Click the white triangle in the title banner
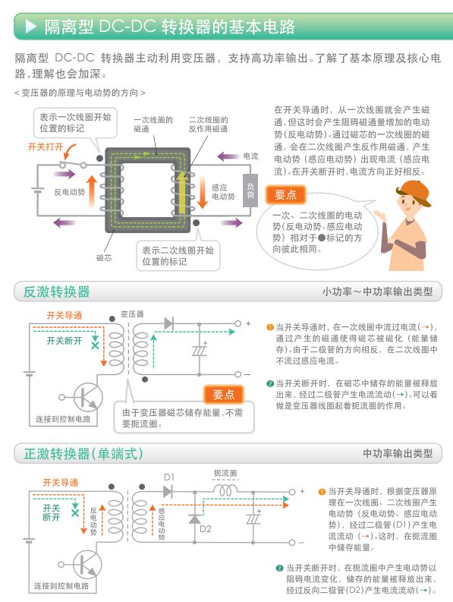(x=30, y=28)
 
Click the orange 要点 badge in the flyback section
(x=224, y=394)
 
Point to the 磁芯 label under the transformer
(x=104, y=257)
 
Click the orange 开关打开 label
(x=45, y=146)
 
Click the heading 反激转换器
(x=56, y=292)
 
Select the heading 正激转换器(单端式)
(x=83, y=453)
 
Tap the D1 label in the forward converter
(x=169, y=477)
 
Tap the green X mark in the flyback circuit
(x=94, y=345)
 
